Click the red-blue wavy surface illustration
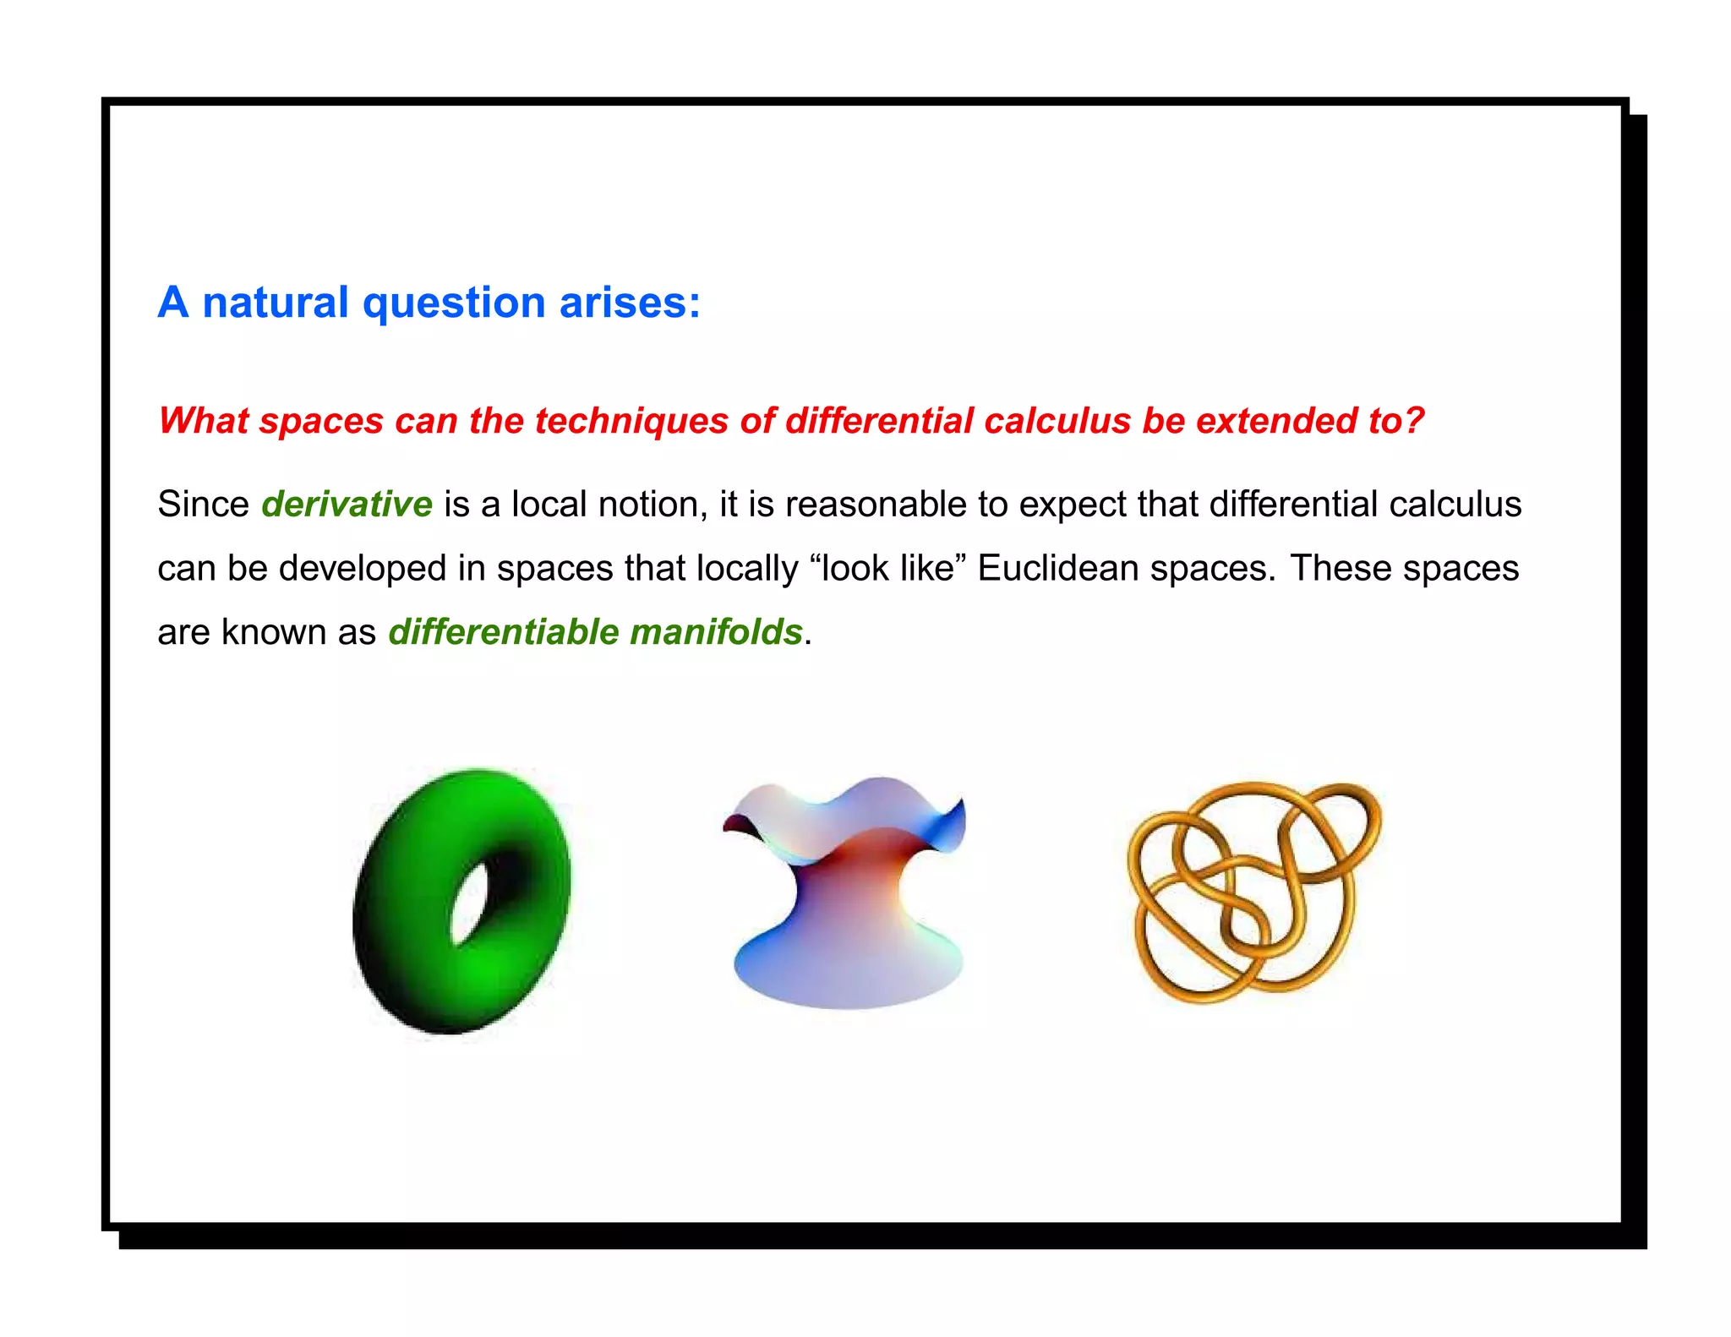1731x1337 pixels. click(845, 896)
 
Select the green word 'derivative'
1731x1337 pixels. click(347, 505)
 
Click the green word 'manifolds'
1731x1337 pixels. click(716, 632)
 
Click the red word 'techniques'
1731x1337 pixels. click(631, 421)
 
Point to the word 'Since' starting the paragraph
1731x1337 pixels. click(203, 505)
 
